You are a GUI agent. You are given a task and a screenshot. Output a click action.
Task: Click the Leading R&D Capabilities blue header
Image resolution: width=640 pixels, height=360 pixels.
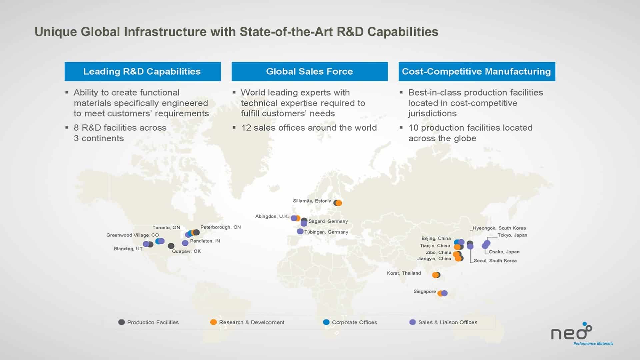coord(143,71)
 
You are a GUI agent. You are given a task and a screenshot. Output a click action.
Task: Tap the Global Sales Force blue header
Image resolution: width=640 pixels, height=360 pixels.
coord(310,71)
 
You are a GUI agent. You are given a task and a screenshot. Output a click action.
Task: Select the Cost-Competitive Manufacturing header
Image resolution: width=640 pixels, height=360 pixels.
coord(477,71)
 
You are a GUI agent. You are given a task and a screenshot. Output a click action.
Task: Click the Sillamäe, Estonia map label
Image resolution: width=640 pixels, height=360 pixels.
coord(312,201)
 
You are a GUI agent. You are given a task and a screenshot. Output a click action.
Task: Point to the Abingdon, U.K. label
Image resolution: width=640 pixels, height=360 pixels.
coord(272,216)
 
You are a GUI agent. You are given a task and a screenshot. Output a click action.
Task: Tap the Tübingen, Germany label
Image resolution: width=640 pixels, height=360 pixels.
coord(326,232)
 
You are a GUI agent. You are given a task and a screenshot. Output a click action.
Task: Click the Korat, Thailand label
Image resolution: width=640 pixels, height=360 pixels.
coord(404,273)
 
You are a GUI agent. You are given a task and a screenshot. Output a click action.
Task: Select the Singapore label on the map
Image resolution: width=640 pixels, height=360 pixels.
coord(424,291)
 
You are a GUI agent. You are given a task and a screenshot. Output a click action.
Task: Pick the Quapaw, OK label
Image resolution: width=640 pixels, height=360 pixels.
coord(186,251)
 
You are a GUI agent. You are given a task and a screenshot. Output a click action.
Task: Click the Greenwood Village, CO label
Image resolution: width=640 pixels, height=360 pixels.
coord(132,235)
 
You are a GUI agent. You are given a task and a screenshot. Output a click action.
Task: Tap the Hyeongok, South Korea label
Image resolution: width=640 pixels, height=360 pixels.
coord(499,228)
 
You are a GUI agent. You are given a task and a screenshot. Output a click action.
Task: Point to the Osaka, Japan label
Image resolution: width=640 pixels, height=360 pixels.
coord(504,252)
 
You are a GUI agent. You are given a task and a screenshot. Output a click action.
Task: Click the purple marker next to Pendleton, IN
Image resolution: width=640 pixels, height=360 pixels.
coord(185,243)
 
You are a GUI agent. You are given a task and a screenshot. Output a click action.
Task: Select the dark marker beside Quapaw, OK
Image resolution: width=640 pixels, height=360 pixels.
coord(171,246)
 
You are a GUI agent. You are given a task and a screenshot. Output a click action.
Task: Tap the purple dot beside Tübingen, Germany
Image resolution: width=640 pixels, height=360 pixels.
coord(300,231)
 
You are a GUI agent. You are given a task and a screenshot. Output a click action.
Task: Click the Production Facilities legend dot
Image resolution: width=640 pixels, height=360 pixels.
coord(121,322)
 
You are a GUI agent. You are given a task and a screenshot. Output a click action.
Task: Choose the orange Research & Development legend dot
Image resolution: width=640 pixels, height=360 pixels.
coord(213,322)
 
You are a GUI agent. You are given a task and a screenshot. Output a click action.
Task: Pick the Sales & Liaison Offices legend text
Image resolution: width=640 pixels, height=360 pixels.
coord(448,322)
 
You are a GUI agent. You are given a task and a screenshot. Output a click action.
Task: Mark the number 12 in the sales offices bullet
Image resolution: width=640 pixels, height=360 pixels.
coord(246,128)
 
